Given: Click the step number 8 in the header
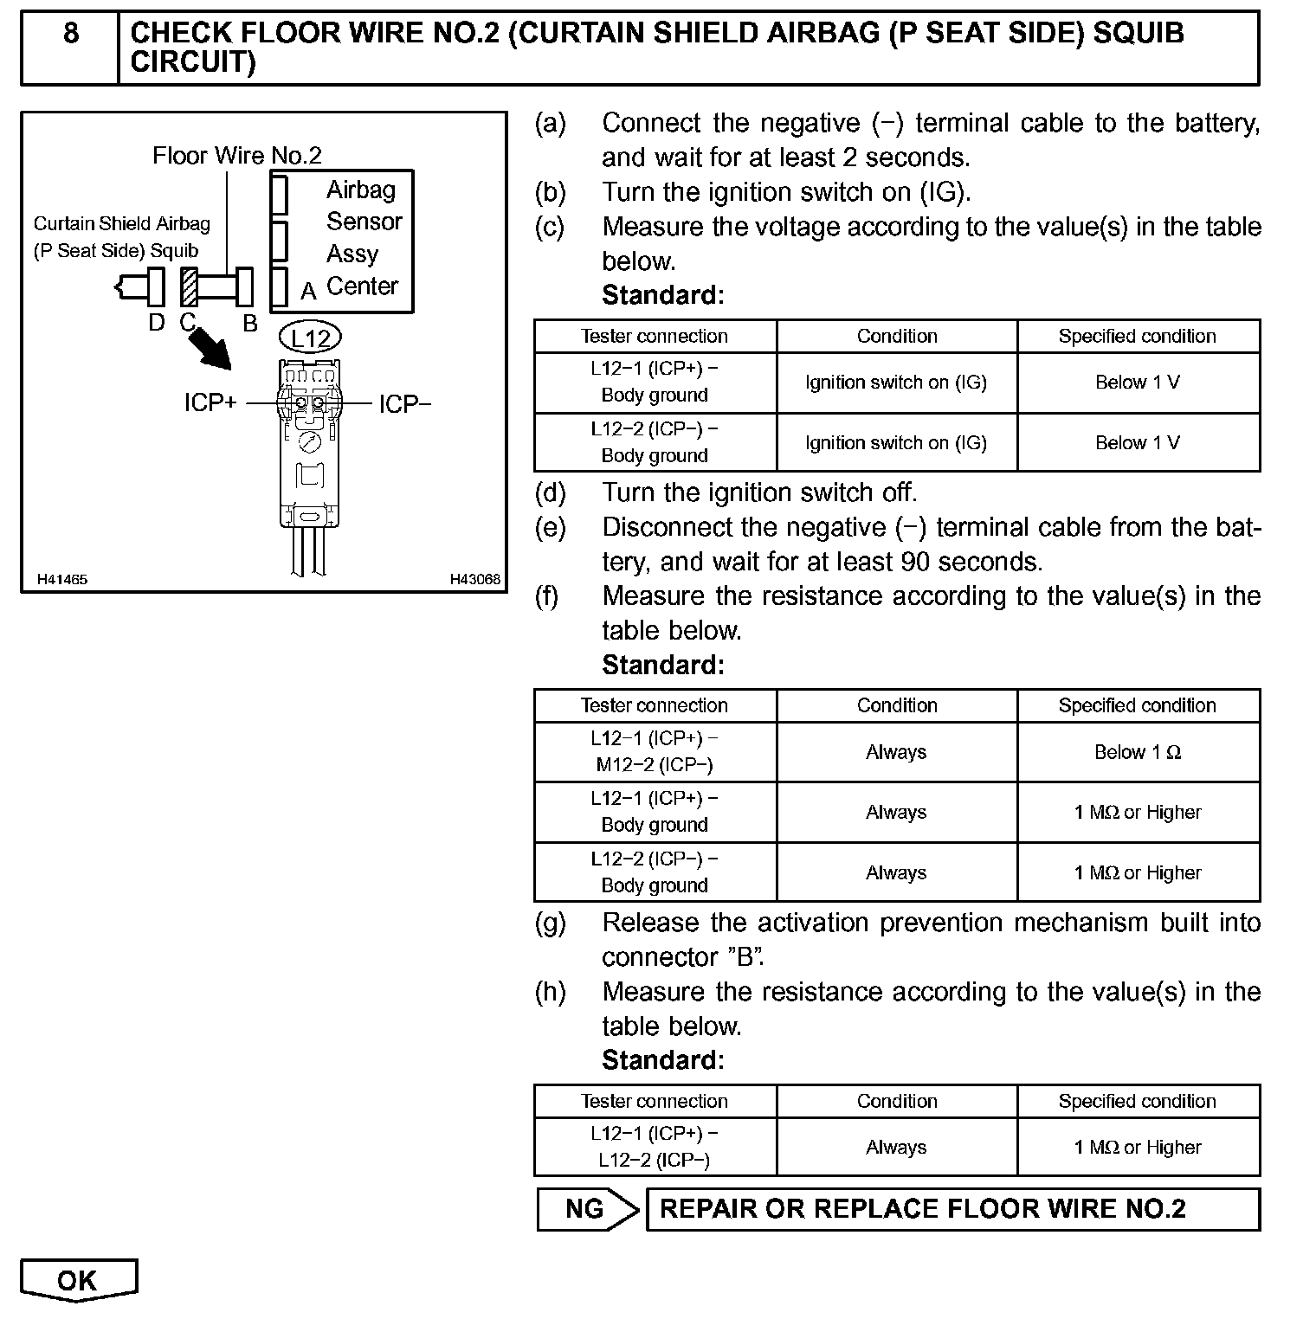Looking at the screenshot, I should [70, 34].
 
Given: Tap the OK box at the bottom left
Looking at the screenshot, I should [78, 1280].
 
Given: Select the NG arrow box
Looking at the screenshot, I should [587, 1208].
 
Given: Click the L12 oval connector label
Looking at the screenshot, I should [310, 338].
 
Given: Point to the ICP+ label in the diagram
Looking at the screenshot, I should [210, 403].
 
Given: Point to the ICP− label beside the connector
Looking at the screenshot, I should [404, 404].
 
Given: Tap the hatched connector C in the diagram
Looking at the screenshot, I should [190, 287].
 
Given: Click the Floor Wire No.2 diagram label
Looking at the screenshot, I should [236, 156].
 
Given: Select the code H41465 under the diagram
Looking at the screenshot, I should [62, 579].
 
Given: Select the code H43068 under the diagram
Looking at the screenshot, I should [474, 579].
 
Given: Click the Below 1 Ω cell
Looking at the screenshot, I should [1138, 752].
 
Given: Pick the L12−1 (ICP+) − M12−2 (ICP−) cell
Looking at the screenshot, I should [655, 752].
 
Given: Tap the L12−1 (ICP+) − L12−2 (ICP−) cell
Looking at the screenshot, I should [655, 1147].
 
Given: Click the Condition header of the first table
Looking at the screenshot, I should [897, 336].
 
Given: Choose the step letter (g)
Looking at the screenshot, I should [551, 923].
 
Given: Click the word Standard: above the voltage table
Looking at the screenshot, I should [663, 295].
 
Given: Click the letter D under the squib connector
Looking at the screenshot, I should [156, 323].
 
